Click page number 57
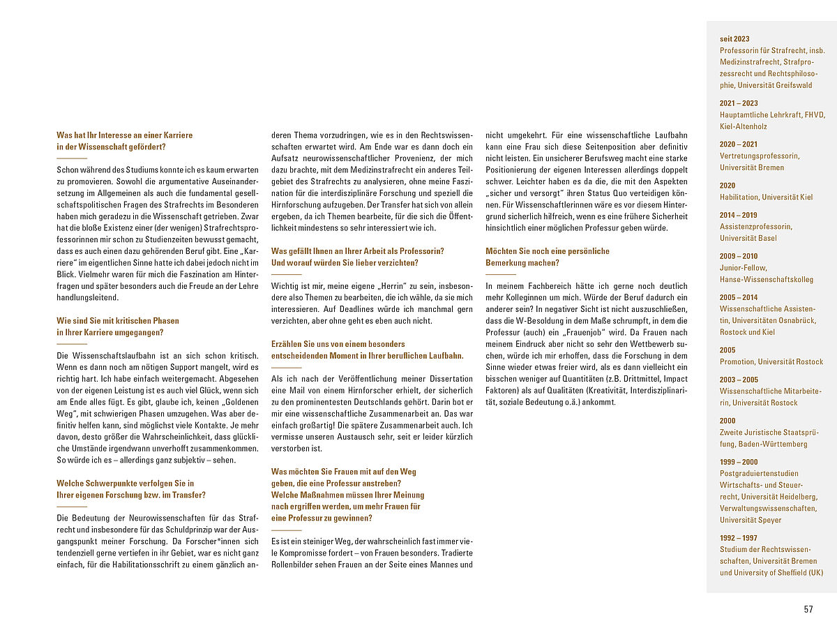(x=808, y=609)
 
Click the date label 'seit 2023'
(x=734, y=39)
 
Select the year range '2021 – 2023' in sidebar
(x=738, y=103)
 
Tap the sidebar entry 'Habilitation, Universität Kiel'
(x=766, y=197)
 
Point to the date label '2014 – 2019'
(x=738, y=215)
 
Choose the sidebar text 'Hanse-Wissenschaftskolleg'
(x=766, y=279)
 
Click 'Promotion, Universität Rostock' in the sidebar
(x=771, y=361)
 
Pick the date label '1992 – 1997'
(x=738, y=538)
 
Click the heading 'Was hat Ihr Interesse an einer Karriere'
(x=124, y=135)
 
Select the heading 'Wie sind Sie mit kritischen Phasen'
(x=117, y=321)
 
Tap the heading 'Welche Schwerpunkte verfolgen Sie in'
(x=125, y=483)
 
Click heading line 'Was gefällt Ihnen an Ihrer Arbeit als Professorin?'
(x=357, y=251)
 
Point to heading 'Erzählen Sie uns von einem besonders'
(x=338, y=344)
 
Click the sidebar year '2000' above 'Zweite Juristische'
(x=727, y=421)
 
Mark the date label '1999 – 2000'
(x=738, y=462)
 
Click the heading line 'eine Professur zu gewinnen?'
(x=321, y=518)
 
